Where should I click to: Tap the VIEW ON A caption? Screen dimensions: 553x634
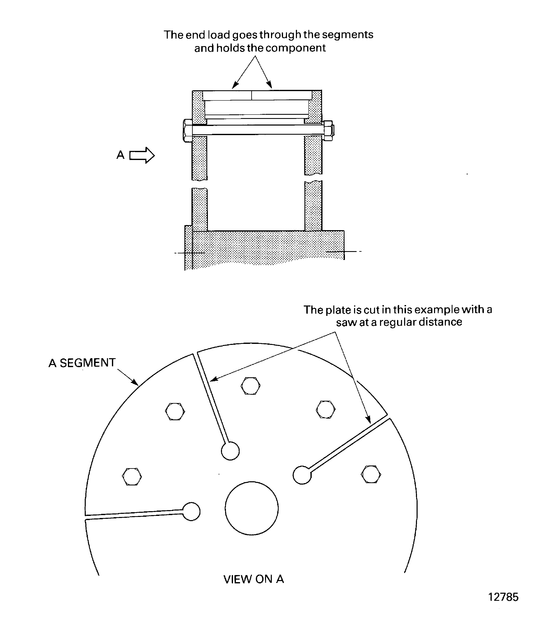click(x=253, y=579)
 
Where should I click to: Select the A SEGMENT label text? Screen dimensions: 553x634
click(x=82, y=363)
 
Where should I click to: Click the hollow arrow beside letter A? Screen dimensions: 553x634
click(x=142, y=155)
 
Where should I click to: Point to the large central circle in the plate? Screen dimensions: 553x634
click(x=251, y=508)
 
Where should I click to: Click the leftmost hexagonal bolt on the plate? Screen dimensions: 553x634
click(x=132, y=476)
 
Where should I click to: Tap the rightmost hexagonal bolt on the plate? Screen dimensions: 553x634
click(x=371, y=474)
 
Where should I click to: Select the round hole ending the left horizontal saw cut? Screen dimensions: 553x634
click(x=191, y=512)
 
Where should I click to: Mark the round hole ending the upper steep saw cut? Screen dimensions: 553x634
click(x=230, y=451)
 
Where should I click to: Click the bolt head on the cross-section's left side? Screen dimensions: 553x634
click(x=188, y=131)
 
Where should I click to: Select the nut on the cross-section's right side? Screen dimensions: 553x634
click(x=328, y=131)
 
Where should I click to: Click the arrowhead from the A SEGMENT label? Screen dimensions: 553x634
click(x=135, y=382)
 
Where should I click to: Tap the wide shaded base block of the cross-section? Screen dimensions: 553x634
click(x=265, y=249)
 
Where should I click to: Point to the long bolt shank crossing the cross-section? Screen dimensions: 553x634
click(x=258, y=130)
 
